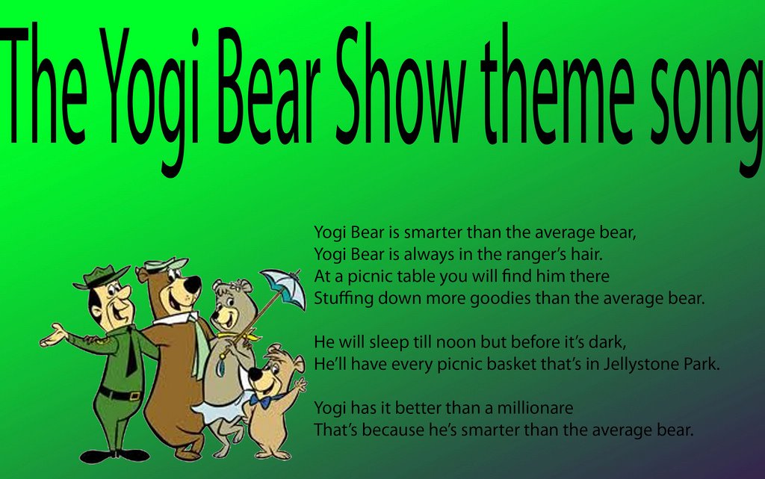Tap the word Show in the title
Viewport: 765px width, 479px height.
point(397,86)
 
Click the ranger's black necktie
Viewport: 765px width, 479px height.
point(131,352)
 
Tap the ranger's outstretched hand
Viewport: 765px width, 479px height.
point(53,336)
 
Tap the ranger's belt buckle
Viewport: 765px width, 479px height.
point(135,395)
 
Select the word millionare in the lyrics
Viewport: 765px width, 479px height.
point(535,407)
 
